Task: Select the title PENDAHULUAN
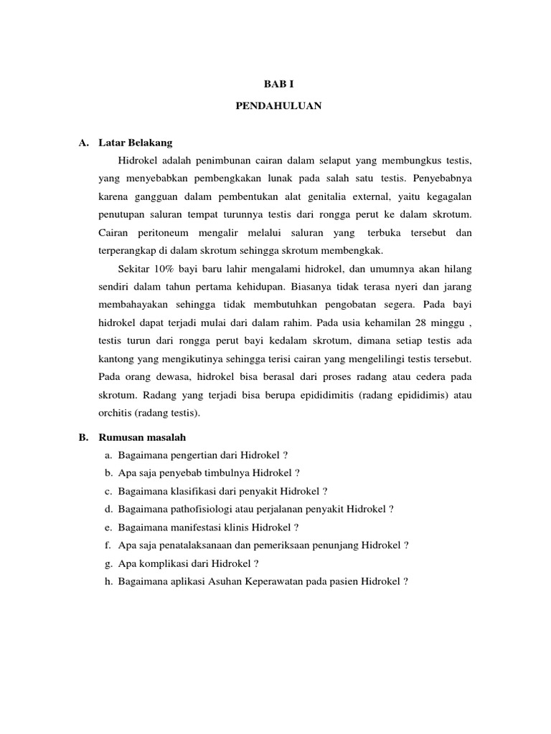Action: [x=279, y=105]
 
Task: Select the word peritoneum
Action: [x=157, y=233]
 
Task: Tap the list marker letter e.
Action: [x=107, y=528]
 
